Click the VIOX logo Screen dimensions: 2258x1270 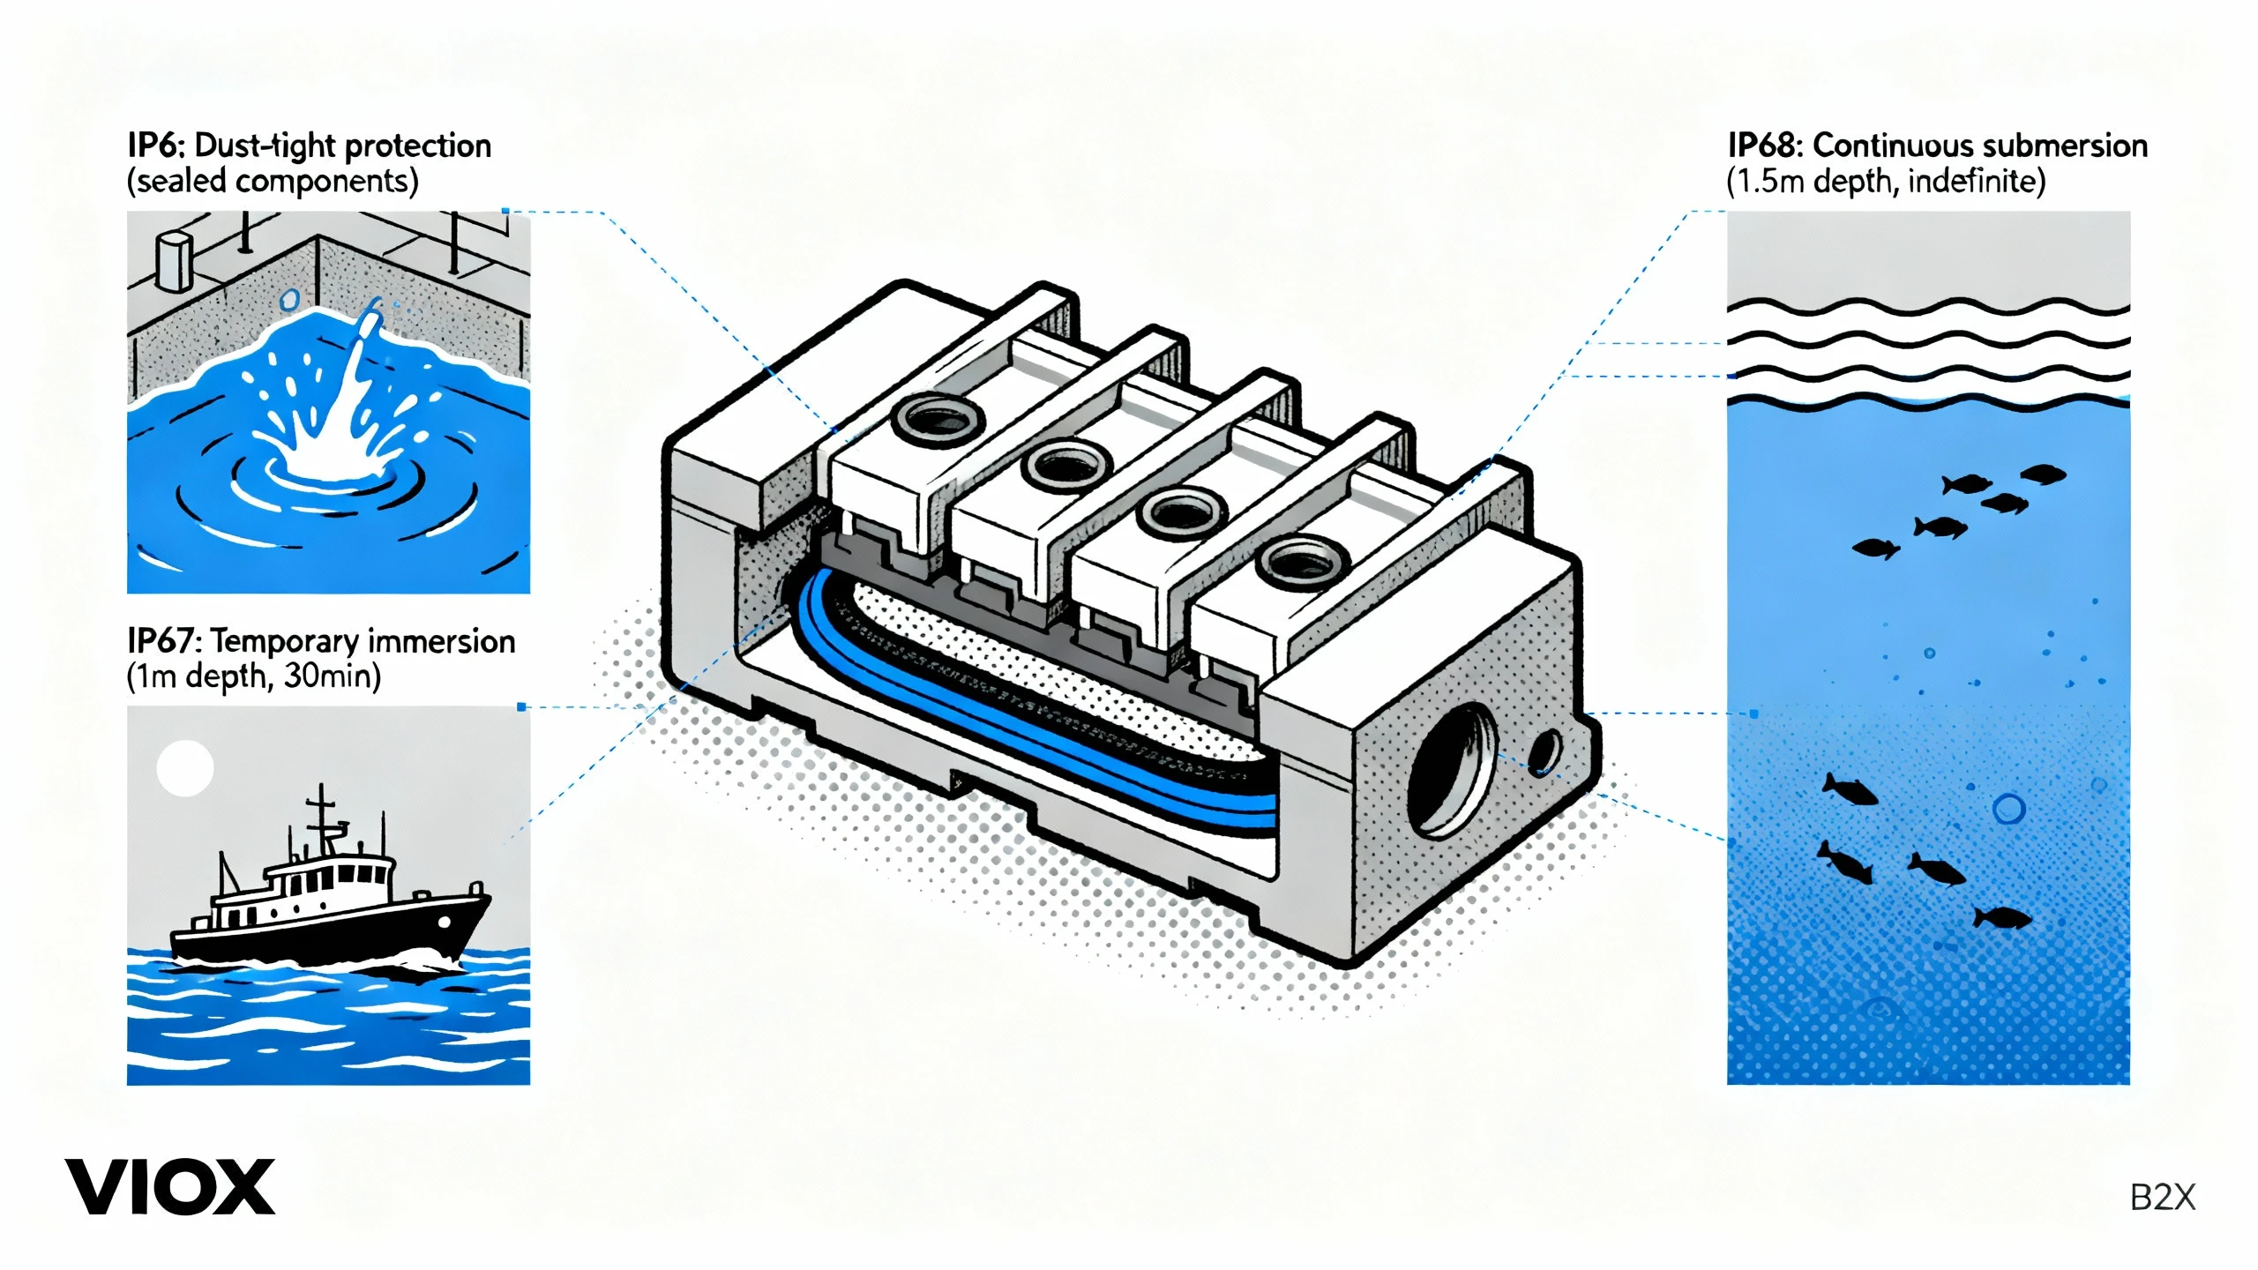point(170,1187)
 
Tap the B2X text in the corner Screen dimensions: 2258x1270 point(2163,1198)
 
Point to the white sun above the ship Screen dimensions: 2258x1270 point(185,767)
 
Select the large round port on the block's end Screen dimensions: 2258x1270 point(1452,769)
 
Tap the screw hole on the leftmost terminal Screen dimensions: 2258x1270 point(938,417)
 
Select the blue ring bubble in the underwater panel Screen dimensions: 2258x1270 point(2009,809)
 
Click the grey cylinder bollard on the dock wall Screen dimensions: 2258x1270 point(173,262)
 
